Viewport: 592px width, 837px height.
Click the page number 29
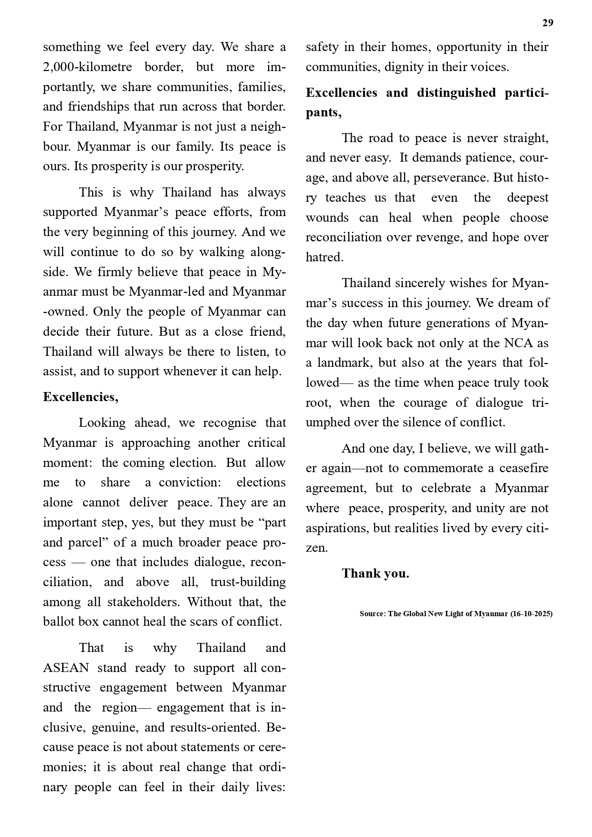(548, 23)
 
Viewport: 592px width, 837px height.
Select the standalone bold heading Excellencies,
(81, 397)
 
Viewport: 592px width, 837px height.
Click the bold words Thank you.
(375, 574)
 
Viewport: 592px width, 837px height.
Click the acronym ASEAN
(66, 668)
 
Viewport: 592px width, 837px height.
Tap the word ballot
(57, 622)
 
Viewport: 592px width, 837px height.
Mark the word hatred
(324, 258)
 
